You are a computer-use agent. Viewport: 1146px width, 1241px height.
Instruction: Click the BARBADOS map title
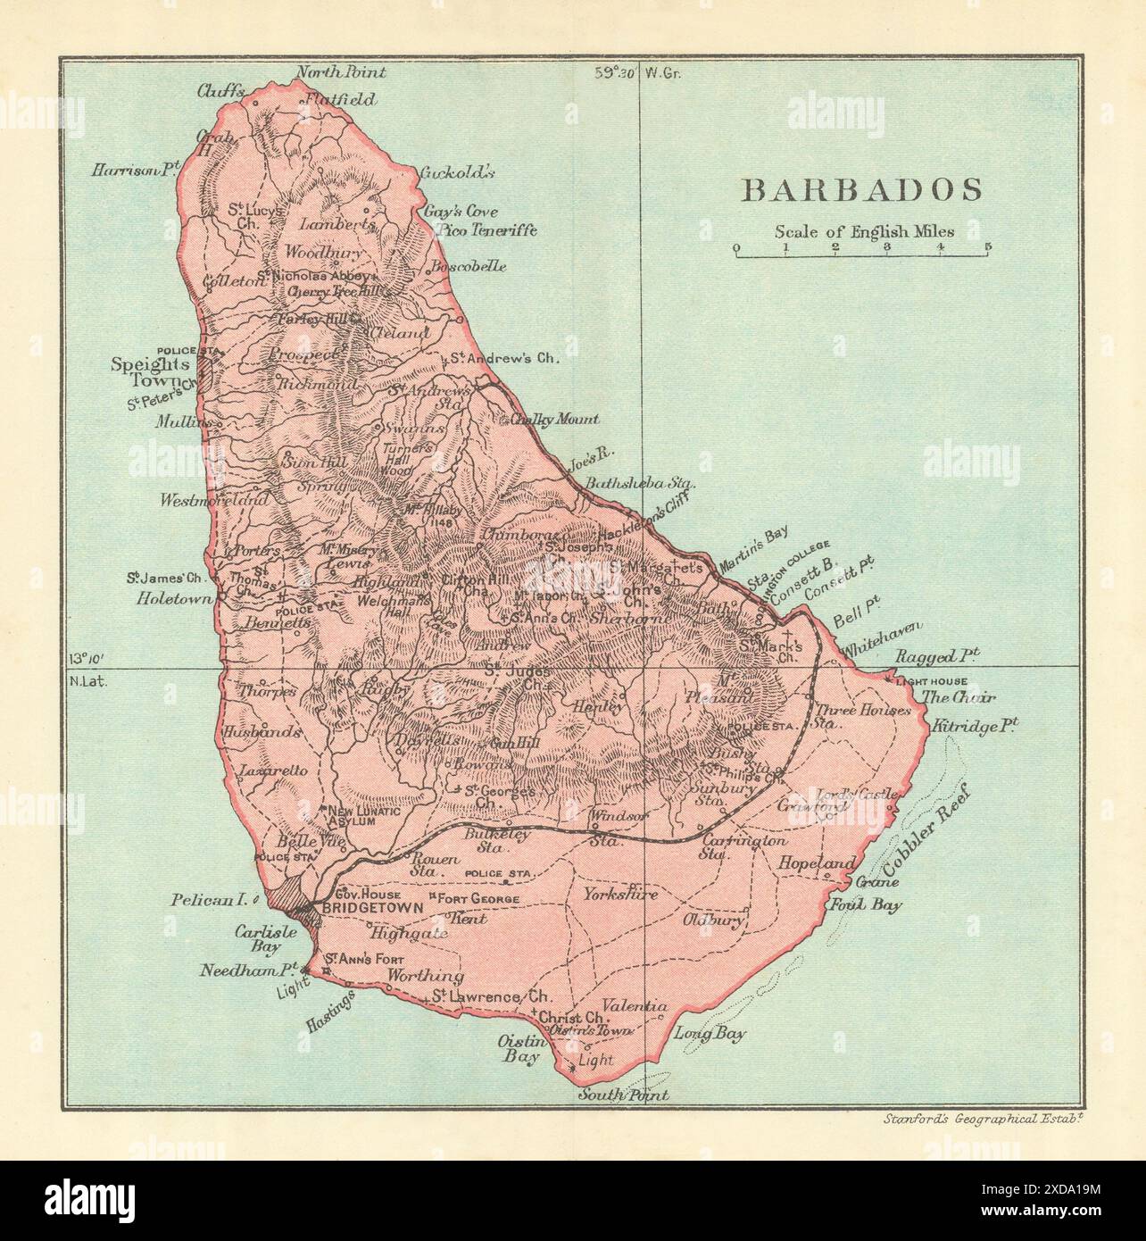850,189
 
